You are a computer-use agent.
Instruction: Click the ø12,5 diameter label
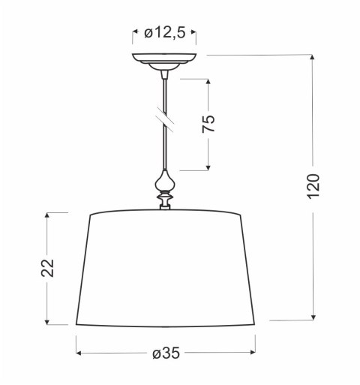[x=165, y=32]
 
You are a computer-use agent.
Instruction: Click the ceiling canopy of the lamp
[x=165, y=60]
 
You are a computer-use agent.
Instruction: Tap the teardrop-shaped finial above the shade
[x=165, y=182]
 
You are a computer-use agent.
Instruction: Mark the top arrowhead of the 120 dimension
[x=314, y=59]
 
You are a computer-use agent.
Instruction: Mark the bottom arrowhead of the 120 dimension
[x=314, y=316]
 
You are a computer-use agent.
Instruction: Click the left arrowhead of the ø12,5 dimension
[x=136, y=32]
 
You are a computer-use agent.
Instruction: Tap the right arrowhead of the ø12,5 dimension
[x=194, y=32]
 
